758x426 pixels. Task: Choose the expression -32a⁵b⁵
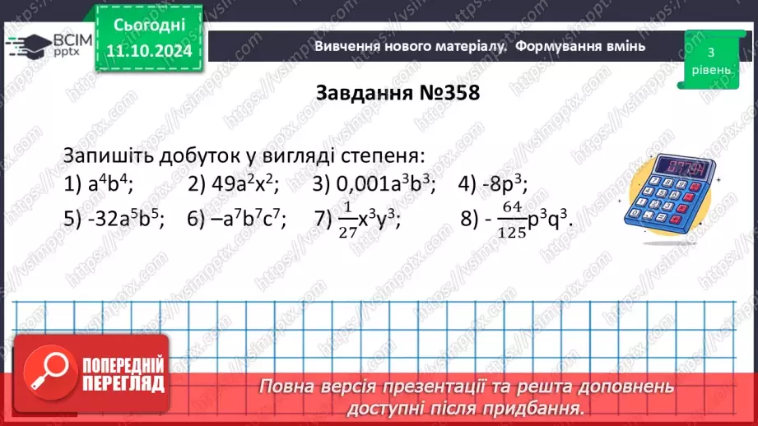point(123,218)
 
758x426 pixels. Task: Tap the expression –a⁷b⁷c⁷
point(248,218)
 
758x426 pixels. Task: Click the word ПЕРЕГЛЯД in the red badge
point(126,383)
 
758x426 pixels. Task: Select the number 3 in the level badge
point(709,52)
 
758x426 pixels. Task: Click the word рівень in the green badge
point(709,69)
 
